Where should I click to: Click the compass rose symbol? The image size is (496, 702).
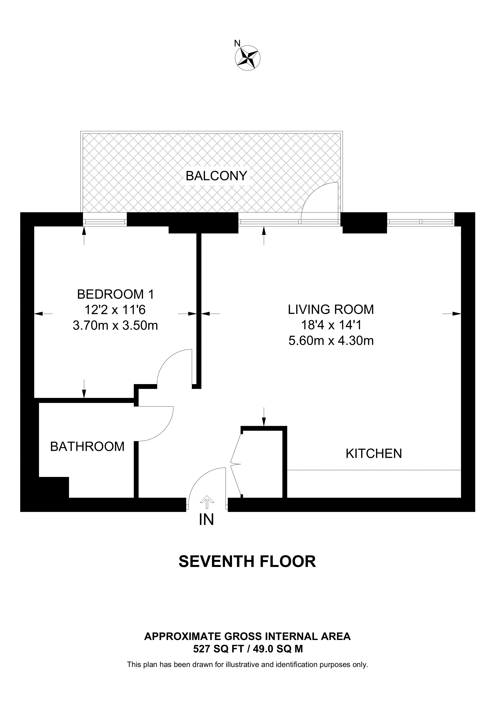coord(248,58)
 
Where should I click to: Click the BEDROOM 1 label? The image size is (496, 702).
coord(115,294)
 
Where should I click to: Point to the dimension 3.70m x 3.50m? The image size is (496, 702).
coord(115,326)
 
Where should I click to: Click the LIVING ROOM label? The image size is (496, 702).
coord(331,309)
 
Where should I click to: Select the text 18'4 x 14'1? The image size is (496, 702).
coord(331,325)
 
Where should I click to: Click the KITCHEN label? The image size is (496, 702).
coord(373,453)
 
